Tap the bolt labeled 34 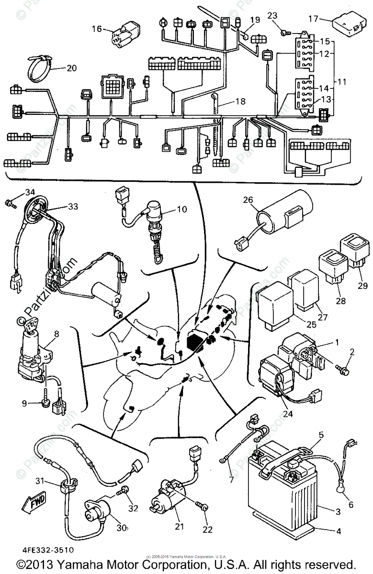click(x=10, y=203)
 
